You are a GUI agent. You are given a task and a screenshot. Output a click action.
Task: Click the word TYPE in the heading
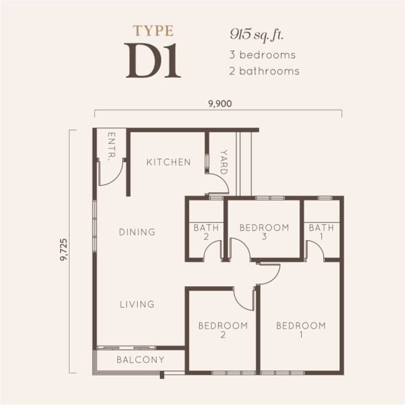(154, 30)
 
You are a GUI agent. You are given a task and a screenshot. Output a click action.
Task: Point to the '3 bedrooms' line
(264, 54)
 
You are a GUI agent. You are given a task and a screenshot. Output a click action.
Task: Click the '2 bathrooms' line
(265, 70)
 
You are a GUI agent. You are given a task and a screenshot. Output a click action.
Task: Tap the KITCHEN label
(169, 162)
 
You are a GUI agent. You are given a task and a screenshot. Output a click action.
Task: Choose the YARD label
(223, 163)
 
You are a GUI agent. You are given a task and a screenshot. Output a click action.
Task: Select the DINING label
(137, 232)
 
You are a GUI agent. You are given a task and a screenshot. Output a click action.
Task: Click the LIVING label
(137, 304)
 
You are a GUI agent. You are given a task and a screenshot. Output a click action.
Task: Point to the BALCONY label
(140, 360)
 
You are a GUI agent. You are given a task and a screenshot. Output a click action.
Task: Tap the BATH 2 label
(207, 232)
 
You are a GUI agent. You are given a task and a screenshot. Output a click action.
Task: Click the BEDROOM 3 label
(265, 232)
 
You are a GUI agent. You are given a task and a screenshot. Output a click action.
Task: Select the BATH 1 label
(321, 232)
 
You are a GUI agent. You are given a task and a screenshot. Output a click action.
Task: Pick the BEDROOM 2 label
(223, 330)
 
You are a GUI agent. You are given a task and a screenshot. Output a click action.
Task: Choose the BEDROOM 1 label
(301, 330)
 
